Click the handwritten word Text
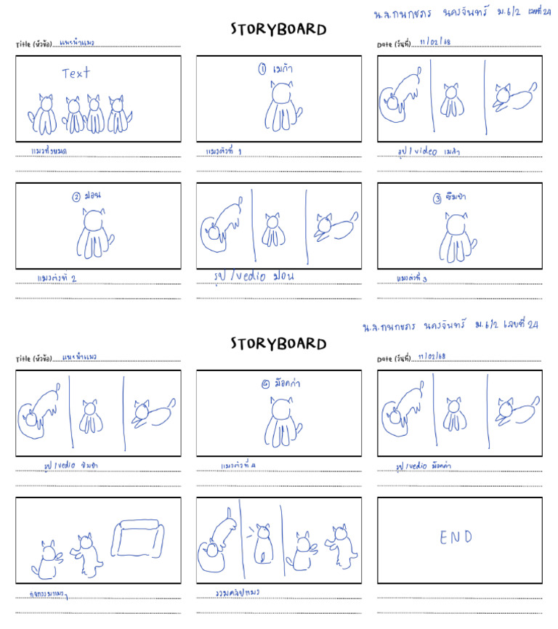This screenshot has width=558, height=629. click(76, 73)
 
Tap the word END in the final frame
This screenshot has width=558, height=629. click(456, 537)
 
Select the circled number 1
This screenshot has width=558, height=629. click(262, 70)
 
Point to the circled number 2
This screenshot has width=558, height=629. click(76, 197)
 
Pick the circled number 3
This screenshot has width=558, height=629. click(437, 198)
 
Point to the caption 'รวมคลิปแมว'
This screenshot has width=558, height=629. click(238, 592)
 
